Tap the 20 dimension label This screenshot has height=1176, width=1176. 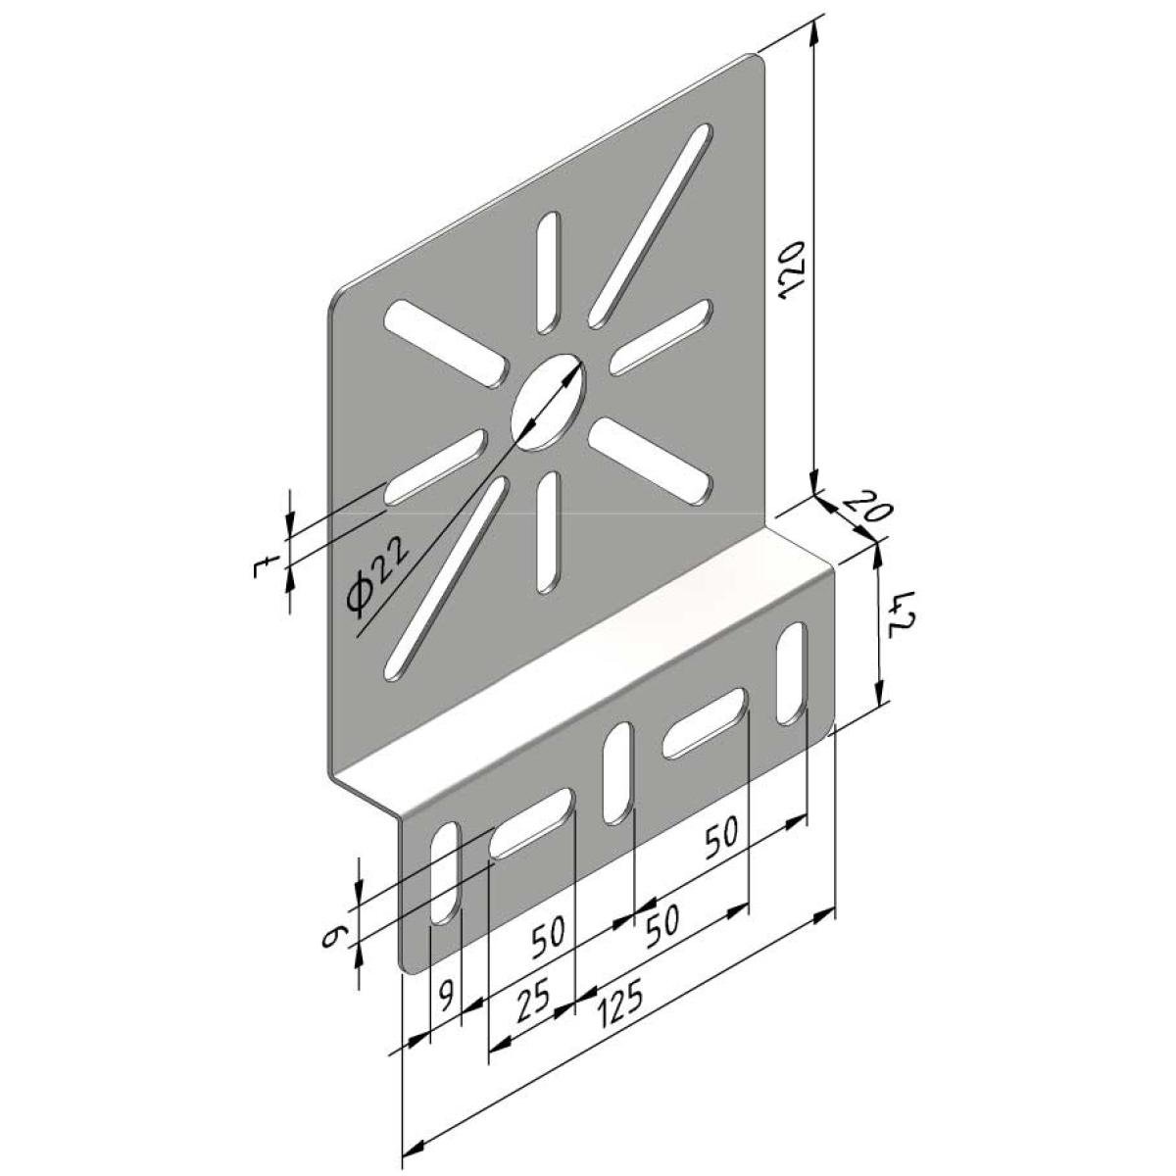click(867, 505)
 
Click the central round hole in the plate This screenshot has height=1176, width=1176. click(548, 402)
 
